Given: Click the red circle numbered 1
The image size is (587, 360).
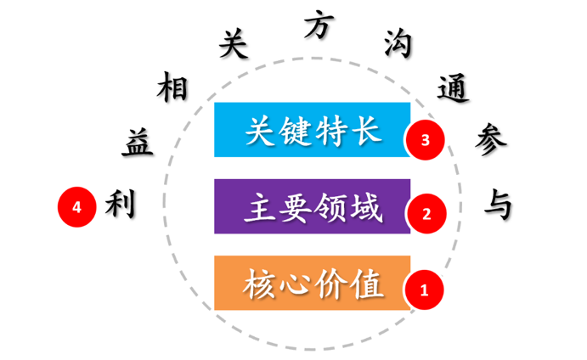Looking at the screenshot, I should [425, 290].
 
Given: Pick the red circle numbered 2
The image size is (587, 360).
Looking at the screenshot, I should [426, 213].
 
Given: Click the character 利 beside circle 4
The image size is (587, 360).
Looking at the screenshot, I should [120, 204].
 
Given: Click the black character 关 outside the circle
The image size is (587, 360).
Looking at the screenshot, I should [233, 45].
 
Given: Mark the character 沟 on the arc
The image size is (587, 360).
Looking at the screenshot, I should [397, 43].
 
